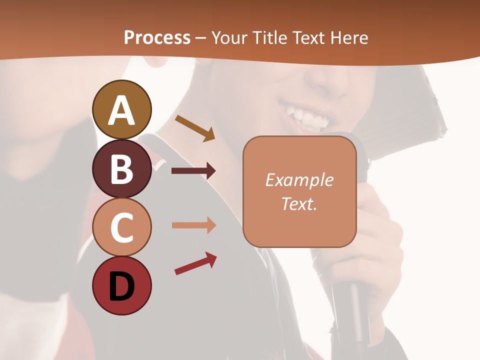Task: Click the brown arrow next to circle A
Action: pyautogui.click(x=195, y=128)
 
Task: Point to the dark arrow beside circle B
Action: pyautogui.click(x=193, y=171)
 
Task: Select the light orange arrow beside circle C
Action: pyautogui.click(x=193, y=225)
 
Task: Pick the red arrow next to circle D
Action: pyautogui.click(x=195, y=263)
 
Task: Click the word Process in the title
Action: pyautogui.click(x=157, y=37)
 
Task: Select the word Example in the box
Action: pyautogui.click(x=299, y=180)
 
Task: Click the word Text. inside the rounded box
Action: pyautogui.click(x=299, y=203)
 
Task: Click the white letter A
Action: pyautogui.click(x=121, y=110)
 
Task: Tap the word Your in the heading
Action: pyautogui.click(x=229, y=37)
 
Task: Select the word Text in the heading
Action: pyautogui.click(x=308, y=37)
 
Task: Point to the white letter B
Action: pyautogui.click(x=121, y=169)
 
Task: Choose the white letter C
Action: pyautogui.click(x=121, y=227)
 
